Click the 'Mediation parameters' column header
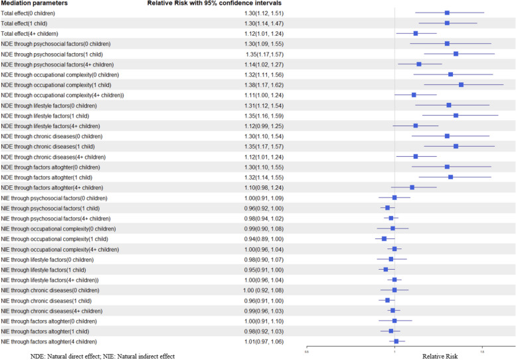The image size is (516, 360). (35, 3)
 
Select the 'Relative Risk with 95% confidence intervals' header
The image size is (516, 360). (215, 3)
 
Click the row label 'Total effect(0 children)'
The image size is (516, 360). (28, 13)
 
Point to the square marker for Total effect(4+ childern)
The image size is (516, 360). (416, 34)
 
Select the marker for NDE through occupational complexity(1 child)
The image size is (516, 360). (461, 85)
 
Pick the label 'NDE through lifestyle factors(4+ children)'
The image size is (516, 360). (50, 126)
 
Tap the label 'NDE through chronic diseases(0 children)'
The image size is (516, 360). (52, 136)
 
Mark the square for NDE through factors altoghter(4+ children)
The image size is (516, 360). (412, 187)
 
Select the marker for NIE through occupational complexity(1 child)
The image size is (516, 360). (384, 239)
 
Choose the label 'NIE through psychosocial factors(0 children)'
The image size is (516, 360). (54, 198)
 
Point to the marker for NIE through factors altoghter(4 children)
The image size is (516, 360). (396, 341)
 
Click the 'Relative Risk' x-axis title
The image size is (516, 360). (440, 357)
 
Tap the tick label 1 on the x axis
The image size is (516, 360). (394, 352)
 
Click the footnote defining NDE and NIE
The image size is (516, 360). (103, 357)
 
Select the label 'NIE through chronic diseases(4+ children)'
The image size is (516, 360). (52, 311)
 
